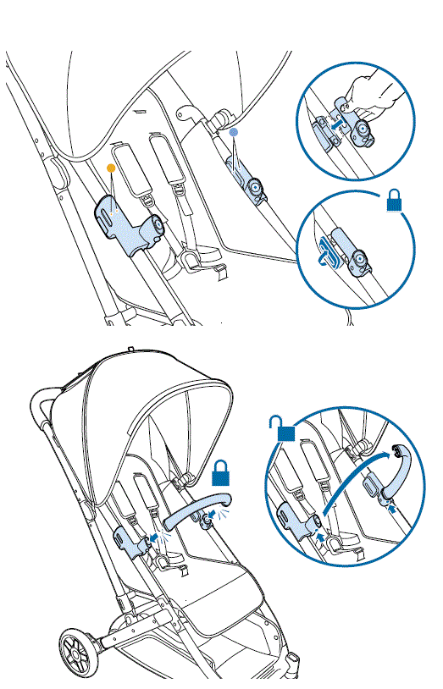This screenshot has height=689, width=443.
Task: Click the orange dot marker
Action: click(109, 168)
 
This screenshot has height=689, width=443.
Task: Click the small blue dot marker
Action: click(235, 133)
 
